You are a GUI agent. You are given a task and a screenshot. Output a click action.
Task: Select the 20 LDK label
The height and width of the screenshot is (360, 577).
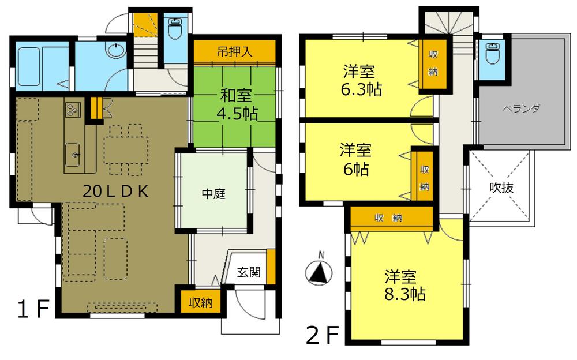[115, 192]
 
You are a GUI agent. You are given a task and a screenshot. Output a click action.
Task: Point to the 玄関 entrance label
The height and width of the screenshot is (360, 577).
[249, 271]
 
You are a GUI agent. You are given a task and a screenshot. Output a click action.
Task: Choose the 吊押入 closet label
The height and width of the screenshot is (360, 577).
[234, 51]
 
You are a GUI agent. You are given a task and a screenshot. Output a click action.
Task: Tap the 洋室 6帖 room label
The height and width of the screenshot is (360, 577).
[354, 160]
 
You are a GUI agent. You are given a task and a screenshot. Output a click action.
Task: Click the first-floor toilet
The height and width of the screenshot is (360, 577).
[174, 28]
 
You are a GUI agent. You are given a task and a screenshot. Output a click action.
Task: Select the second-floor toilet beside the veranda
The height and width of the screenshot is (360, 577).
[492, 55]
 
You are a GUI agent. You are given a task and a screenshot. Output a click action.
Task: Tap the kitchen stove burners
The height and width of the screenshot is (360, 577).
[73, 108]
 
